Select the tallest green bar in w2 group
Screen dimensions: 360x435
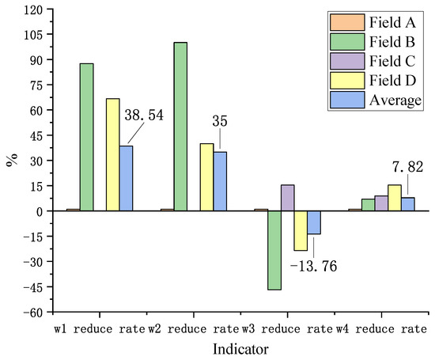tap(180, 127)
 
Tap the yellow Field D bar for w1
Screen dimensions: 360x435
tap(113, 154)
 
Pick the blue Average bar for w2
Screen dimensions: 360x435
tap(220, 181)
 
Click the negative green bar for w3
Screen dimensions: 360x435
tap(274, 250)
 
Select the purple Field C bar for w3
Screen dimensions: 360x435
tap(288, 198)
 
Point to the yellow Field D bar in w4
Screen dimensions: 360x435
tap(395, 198)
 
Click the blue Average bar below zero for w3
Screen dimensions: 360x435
tap(314, 222)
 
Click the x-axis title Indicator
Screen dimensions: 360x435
tap(238, 348)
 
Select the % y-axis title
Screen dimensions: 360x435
tap(11, 161)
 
